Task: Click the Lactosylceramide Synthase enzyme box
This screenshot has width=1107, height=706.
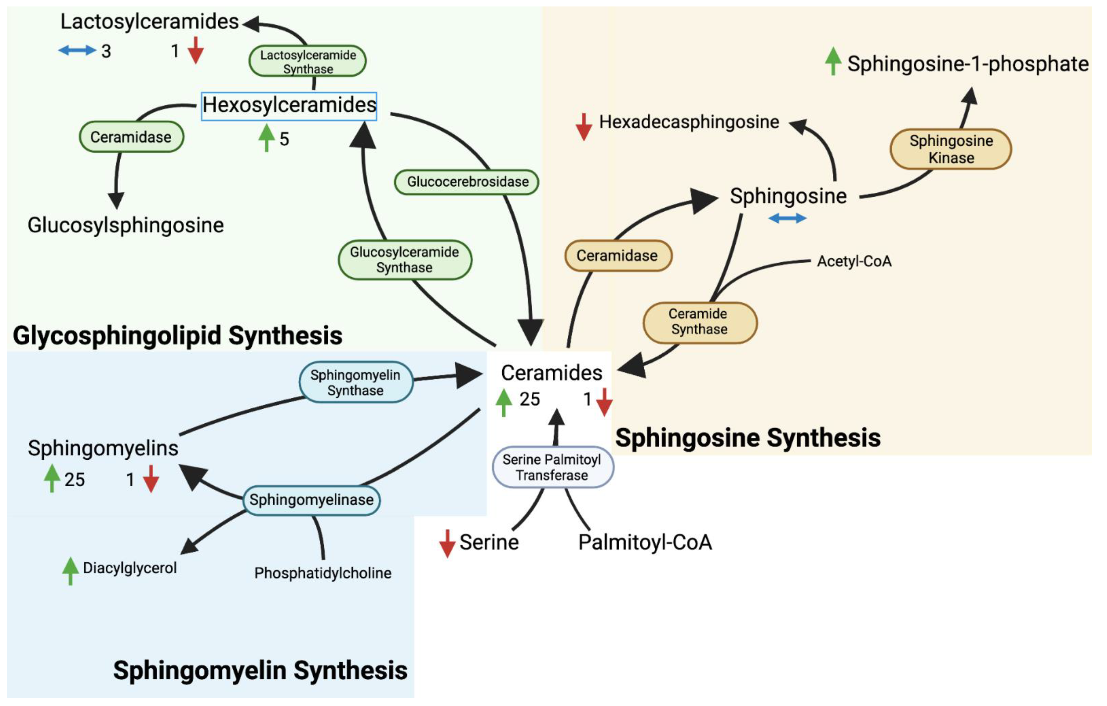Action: [308, 61]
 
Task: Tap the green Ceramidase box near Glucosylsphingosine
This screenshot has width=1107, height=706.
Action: [132, 137]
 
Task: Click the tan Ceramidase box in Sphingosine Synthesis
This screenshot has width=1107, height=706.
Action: [618, 255]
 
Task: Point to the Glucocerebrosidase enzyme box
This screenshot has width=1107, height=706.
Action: [467, 182]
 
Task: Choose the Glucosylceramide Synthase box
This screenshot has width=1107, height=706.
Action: [405, 260]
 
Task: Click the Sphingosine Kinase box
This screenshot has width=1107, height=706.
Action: [951, 149]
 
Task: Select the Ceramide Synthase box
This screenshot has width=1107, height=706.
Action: [699, 322]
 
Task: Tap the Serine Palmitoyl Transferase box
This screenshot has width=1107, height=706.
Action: [552, 467]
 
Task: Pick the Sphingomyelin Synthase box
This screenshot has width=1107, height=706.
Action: [355, 382]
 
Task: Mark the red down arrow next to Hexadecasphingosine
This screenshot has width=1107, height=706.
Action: [583, 126]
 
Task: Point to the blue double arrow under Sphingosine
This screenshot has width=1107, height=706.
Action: [787, 218]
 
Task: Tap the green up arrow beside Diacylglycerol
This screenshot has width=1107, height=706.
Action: [70, 570]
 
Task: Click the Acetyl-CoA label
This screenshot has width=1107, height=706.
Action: [854, 261]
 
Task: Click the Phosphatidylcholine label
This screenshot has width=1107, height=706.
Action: [323, 573]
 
